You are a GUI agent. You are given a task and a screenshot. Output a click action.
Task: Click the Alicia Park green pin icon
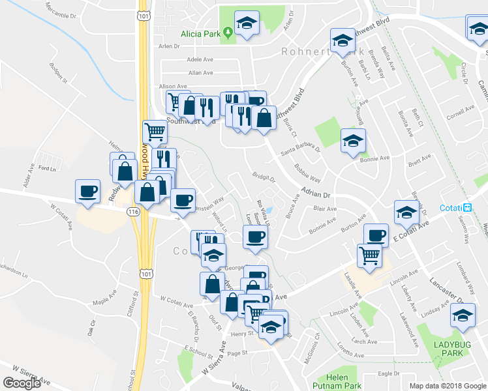tap(228, 31)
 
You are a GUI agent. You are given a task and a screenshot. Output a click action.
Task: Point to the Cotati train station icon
tap(467, 208)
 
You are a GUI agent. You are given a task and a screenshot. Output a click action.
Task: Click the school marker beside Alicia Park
tap(247, 24)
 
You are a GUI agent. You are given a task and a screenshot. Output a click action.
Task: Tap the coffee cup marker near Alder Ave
tap(87, 191)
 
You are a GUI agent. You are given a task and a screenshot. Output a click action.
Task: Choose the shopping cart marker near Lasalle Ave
tap(369, 255)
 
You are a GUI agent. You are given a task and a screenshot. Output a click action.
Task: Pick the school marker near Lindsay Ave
tap(463, 315)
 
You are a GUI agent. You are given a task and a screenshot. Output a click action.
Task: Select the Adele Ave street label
tap(200, 59)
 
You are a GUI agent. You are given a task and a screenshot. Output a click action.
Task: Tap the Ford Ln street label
tap(48, 169)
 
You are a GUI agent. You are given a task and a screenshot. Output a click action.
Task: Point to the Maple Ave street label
tap(103, 302)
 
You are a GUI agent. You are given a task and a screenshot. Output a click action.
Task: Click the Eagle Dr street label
tap(388, 373)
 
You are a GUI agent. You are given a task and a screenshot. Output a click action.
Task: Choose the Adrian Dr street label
tap(316, 194)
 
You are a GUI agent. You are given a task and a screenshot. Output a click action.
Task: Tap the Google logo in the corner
tap(21, 383)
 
